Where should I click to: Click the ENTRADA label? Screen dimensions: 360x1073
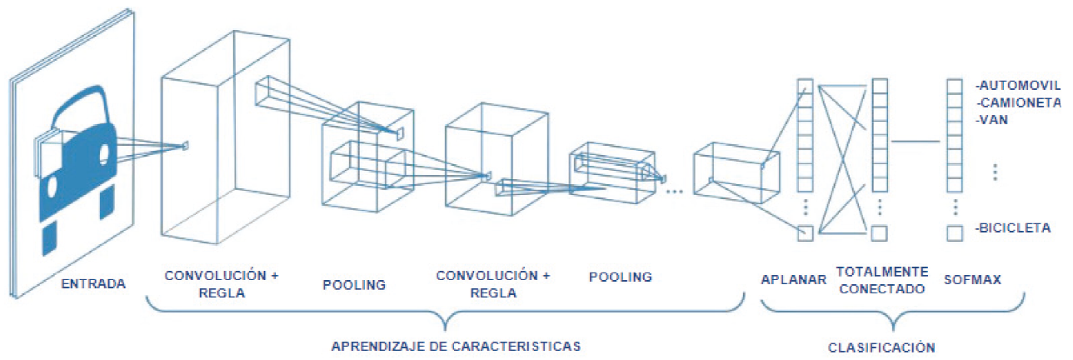tap(93, 284)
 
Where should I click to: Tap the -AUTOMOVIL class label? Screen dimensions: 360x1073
tap(1019, 86)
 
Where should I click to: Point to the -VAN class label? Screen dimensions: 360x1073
tap(992, 119)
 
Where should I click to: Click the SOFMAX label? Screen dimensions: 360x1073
tap(972, 280)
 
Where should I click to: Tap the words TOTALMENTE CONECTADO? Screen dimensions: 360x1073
tap(882, 280)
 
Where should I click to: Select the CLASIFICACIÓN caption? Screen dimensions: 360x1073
tap(881, 347)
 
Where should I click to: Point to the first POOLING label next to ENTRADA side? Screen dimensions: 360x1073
tap(354, 284)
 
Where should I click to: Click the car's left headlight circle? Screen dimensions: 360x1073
tap(50, 157)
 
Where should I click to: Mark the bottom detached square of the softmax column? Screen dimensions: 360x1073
tap(955, 233)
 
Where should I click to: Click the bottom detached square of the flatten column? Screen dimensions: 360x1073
tap(804, 232)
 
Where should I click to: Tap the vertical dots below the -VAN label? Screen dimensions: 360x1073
tap(996, 172)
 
